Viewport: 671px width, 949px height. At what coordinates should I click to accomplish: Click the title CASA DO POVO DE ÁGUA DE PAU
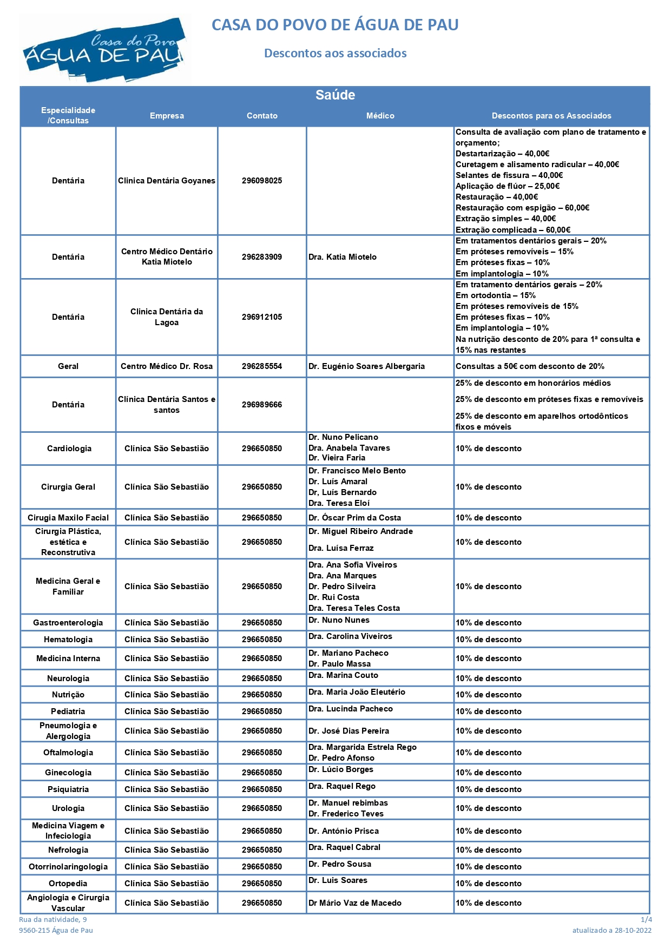[335, 25]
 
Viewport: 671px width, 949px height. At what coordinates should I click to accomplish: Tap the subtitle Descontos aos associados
[335, 53]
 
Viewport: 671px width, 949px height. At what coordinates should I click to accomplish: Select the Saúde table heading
[335, 95]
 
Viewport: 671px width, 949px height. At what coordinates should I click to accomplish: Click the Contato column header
[262, 116]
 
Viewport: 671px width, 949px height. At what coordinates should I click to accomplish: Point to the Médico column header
[380, 116]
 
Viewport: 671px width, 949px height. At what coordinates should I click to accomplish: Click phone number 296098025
[262, 181]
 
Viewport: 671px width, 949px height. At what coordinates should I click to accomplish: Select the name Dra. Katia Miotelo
[343, 257]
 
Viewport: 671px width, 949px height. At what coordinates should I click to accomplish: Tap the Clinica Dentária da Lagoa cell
[167, 317]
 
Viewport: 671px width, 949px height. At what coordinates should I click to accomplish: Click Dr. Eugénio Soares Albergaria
[366, 366]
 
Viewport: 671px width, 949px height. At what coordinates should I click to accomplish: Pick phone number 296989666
[262, 405]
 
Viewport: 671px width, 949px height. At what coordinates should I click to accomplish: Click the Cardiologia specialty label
[69, 449]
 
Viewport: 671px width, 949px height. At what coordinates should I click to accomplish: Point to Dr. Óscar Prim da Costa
[354, 518]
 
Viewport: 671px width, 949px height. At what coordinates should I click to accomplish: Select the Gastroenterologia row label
[68, 623]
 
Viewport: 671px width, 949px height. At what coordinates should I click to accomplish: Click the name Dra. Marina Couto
[343, 675]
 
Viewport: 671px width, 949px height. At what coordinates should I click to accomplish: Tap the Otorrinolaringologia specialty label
[68, 867]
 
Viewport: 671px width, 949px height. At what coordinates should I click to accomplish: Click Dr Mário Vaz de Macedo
[355, 903]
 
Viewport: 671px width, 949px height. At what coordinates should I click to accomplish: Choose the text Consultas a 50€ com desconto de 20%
[530, 366]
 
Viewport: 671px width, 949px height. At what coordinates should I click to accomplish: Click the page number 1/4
[646, 919]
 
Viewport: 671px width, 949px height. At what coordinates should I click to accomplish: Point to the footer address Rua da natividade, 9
[53, 919]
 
